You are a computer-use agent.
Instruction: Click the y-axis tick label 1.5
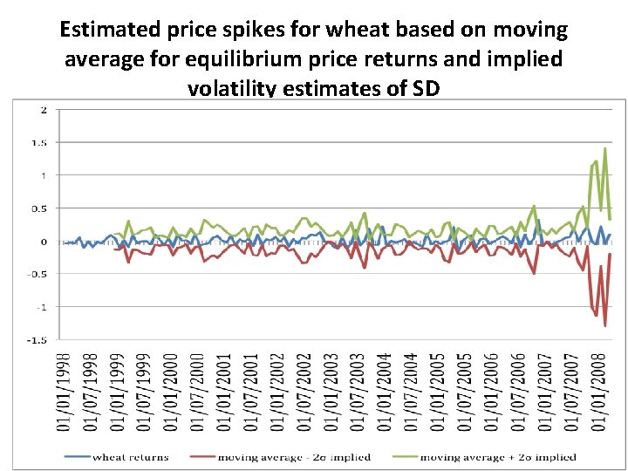(x=40, y=142)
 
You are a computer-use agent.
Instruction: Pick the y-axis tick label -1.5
(x=38, y=340)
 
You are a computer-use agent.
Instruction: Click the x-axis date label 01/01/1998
(x=64, y=391)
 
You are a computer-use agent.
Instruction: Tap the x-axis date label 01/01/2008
(x=599, y=391)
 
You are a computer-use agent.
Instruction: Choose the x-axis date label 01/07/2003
(x=358, y=391)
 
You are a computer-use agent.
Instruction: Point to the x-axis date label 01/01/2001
(x=224, y=391)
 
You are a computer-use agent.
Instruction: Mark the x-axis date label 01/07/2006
(x=519, y=391)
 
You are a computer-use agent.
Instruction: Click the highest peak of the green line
(x=604, y=148)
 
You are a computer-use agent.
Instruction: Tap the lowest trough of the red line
(x=604, y=325)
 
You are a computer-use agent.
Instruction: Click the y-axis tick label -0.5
(x=38, y=274)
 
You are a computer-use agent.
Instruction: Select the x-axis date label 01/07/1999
(x=144, y=391)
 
